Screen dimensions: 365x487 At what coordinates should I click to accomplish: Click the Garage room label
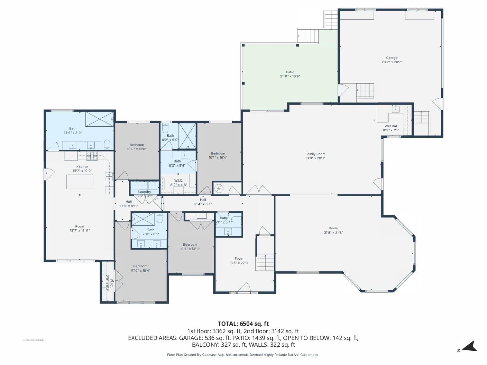[392, 58]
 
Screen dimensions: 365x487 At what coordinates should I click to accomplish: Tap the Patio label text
[290, 72]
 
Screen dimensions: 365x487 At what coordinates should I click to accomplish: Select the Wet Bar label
[391, 126]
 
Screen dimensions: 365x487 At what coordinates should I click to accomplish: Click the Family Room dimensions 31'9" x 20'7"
[315, 158]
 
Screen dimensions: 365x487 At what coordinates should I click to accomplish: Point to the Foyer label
[239, 259]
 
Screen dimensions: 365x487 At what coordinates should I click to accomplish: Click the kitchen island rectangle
[80, 182]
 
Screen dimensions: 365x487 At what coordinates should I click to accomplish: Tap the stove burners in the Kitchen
[92, 156]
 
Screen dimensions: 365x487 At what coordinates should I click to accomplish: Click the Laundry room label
[144, 192]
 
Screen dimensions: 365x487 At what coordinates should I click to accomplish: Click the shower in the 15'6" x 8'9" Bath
[99, 119]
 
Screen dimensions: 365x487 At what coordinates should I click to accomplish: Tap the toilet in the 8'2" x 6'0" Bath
[165, 128]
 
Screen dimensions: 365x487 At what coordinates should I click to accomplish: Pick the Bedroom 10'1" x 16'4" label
[218, 154]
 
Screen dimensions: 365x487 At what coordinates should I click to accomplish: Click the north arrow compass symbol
[470, 346]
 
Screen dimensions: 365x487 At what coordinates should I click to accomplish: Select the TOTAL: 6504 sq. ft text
[243, 324]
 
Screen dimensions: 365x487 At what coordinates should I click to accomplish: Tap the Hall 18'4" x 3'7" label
[203, 200]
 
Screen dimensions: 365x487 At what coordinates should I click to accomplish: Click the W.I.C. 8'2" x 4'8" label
[178, 181]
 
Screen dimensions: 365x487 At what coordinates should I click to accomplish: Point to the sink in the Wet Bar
[396, 109]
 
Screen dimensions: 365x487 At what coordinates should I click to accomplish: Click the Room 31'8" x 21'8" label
[333, 228]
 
